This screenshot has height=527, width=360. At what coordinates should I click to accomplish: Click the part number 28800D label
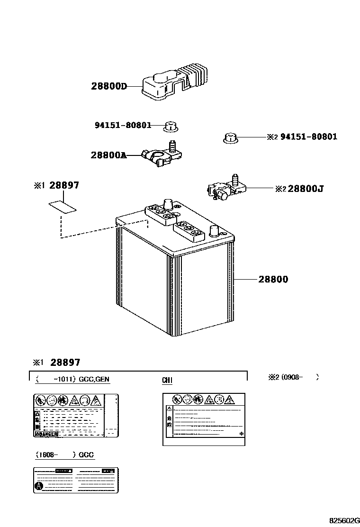[109, 87]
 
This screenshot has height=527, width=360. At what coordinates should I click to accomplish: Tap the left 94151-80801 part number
[123, 126]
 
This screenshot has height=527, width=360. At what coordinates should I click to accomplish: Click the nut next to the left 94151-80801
[171, 126]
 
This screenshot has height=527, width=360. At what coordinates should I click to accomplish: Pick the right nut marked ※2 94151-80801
[230, 138]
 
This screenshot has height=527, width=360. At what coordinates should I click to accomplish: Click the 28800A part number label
[108, 155]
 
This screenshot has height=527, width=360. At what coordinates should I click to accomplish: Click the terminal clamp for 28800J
[226, 189]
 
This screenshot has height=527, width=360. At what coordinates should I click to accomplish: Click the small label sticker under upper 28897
[62, 207]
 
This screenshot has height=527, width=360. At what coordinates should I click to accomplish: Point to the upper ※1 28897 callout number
[64, 186]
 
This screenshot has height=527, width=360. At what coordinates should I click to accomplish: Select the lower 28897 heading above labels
[65, 363]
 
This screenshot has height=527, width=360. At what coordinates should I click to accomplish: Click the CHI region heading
[168, 380]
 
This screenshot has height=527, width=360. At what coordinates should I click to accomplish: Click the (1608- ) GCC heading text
[64, 455]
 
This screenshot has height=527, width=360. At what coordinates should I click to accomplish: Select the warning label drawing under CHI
[204, 419]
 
